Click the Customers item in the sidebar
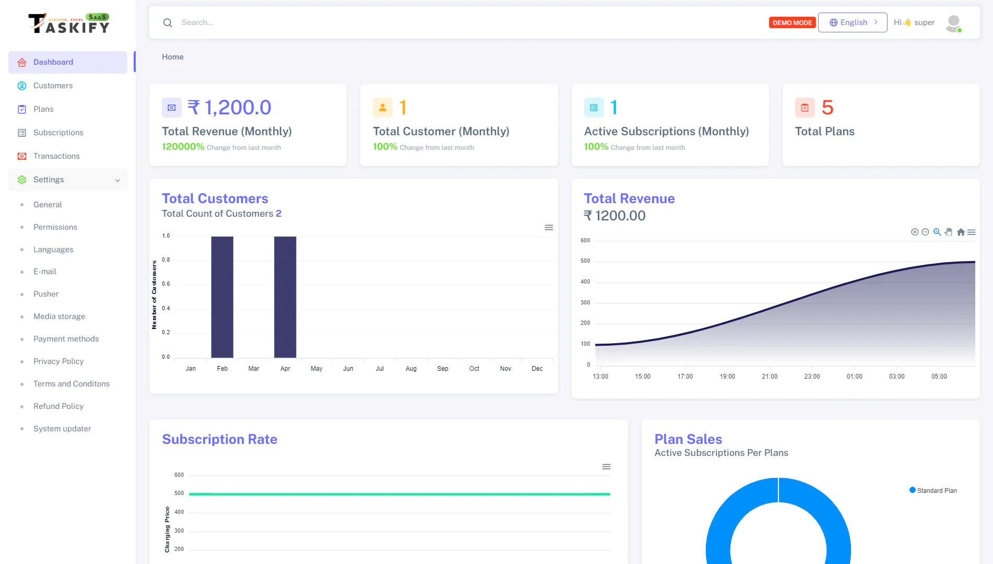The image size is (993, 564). (53, 86)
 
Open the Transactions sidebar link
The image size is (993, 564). (56, 156)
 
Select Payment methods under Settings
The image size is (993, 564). (66, 339)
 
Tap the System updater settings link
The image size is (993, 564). (62, 429)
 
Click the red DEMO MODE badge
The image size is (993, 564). (791, 22)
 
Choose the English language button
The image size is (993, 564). (853, 22)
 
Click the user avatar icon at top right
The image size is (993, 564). (953, 23)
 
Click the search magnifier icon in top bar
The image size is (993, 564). (168, 22)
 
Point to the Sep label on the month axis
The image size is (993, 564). (443, 369)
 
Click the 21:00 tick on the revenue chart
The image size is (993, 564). (770, 377)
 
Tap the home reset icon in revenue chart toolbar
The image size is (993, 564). (961, 232)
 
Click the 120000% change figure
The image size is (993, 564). (183, 147)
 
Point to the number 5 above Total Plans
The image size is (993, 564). (827, 108)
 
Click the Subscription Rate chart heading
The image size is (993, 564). (219, 439)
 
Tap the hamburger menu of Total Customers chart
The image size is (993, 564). (549, 228)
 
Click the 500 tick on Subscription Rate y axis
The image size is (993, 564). (179, 494)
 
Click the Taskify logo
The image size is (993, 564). (68, 23)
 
